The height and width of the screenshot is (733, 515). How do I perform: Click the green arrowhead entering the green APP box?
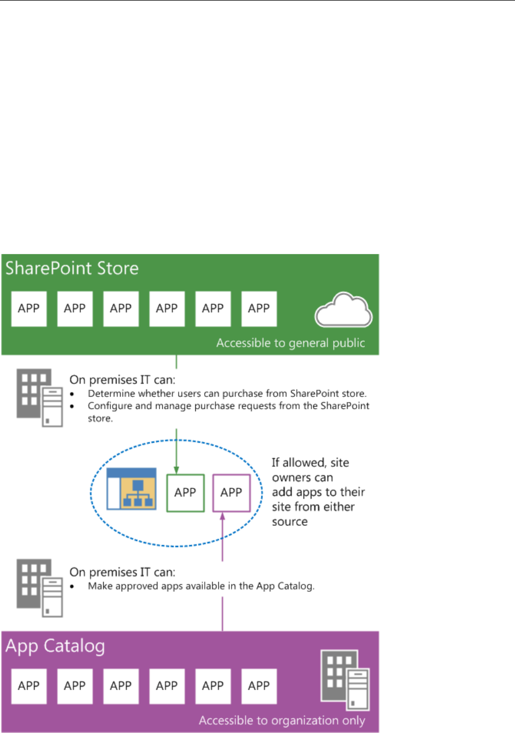pos(176,469)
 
